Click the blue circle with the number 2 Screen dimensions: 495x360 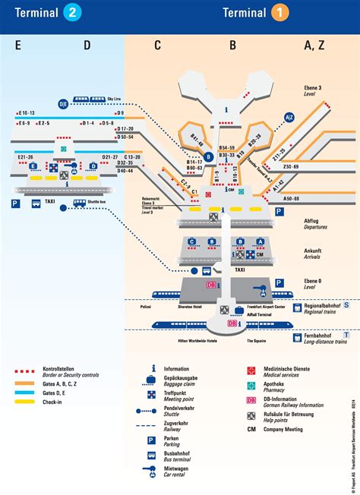tap(72, 12)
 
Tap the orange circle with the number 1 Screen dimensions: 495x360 tap(281, 12)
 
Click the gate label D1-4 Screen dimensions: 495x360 tap(88, 122)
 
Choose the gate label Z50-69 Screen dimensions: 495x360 tap(291, 166)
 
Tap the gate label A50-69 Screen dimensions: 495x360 tap(291, 198)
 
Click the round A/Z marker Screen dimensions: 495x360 tap(289, 117)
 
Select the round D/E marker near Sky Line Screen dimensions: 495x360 tap(64, 102)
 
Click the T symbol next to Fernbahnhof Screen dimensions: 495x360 tap(346, 334)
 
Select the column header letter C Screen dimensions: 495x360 tap(157, 46)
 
